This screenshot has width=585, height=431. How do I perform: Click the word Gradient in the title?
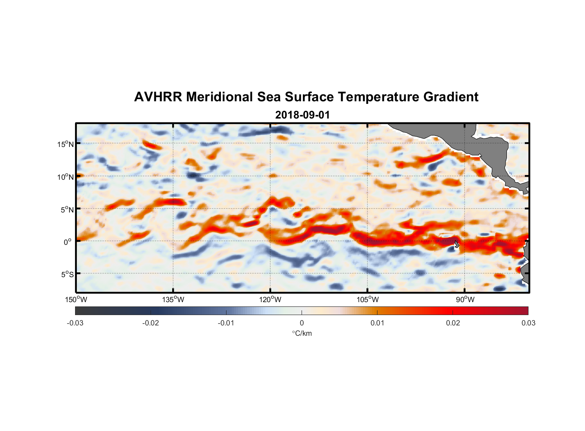[x=451, y=97]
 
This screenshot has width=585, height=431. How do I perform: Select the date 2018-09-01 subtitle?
[x=302, y=115]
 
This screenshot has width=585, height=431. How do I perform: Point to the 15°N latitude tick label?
[x=66, y=144]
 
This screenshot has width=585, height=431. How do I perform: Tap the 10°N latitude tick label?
[x=66, y=177]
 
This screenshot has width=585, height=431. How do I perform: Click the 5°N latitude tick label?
[x=67, y=209]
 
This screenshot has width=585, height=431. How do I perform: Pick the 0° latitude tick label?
[x=68, y=242]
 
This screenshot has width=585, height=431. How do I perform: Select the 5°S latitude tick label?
[x=67, y=274]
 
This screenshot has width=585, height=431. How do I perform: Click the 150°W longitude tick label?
[x=76, y=300]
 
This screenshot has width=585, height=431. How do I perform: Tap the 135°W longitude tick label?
[x=173, y=300]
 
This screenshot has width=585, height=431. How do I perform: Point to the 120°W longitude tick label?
[x=270, y=300]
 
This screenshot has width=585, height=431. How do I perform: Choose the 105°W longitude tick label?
[x=368, y=300]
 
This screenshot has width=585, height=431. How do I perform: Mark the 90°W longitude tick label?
[x=465, y=300]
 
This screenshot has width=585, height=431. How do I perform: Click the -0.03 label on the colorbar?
[x=75, y=323]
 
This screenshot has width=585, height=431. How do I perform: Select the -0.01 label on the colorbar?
[x=226, y=323]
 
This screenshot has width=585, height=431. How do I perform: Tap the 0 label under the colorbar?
[x=302, y=323]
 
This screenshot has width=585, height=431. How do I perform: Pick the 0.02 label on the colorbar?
[x=453, y=323]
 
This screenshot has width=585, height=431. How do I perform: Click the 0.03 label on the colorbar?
[x=528, y=323]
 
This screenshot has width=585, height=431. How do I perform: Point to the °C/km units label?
[x=302, y=333]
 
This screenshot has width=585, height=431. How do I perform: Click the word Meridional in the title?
[x=220, y=97]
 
